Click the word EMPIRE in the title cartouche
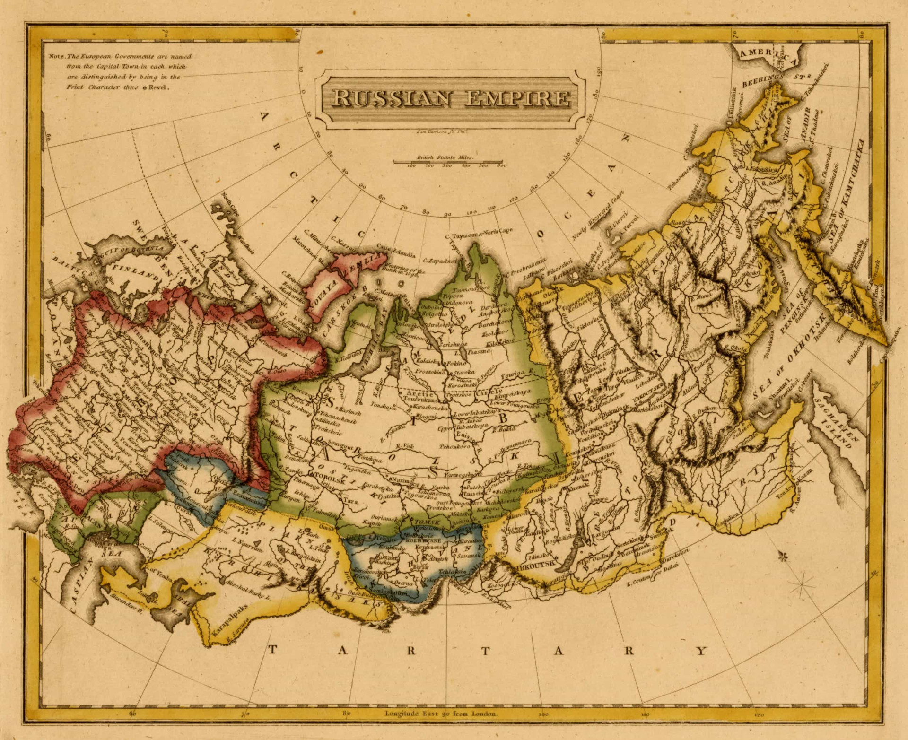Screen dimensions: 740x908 pyautogui.click(x=517, y=98)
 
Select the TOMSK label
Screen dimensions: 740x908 pyautogui.click(x=427, y=522)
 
